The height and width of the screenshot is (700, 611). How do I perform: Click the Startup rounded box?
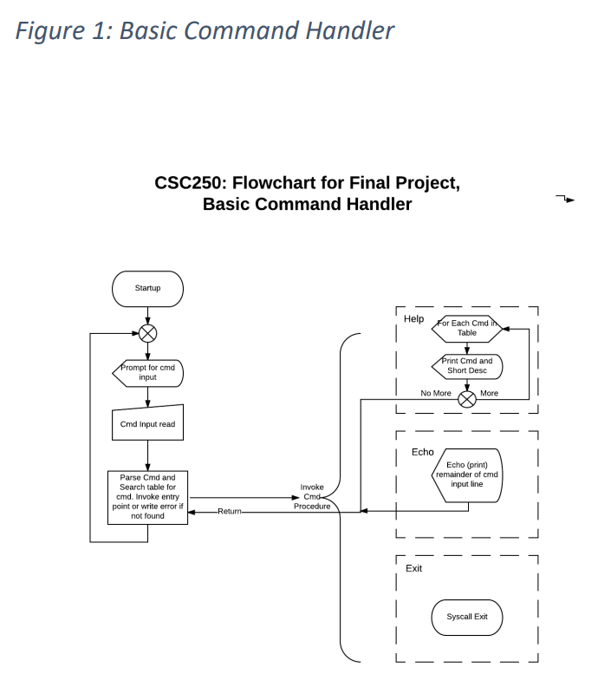click(147, 288)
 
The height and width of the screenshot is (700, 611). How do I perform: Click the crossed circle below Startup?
click(147, 333)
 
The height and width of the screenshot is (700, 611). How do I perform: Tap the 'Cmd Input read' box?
click(147, 423)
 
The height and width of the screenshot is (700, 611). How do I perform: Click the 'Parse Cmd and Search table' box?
click(147, 497)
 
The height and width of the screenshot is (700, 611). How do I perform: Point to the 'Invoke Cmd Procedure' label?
click(312, 497)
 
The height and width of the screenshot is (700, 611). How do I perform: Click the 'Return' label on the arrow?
click(229, 512)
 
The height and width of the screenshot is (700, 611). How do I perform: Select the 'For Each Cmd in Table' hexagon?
click(466, 328)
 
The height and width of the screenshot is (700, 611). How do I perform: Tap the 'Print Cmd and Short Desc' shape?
click(468, 366)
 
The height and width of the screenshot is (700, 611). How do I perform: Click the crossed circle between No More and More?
click(467, 398)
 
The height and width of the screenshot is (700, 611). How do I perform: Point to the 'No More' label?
click(436, 393)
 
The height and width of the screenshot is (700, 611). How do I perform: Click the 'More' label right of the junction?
click(489, 393)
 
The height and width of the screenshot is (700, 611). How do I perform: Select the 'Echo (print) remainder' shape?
click(467, 474)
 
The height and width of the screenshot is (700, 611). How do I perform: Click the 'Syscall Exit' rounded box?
click(467, 617)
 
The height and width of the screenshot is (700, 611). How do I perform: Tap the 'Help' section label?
click(413, 319)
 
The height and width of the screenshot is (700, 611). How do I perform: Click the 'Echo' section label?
click(422, 452)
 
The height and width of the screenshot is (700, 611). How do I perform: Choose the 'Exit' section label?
click(413, 568)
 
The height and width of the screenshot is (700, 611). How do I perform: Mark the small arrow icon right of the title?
click(565, 200)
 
